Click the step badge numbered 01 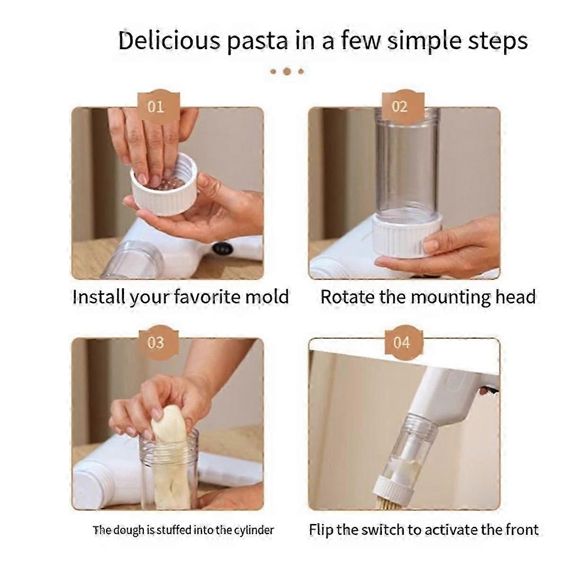point(156,106)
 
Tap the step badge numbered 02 point(400,106)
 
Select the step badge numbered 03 point(156,342)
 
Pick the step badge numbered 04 point(401,342)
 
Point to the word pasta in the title point(256,42)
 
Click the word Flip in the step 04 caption point(321,529)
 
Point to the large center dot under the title point(286,72)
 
